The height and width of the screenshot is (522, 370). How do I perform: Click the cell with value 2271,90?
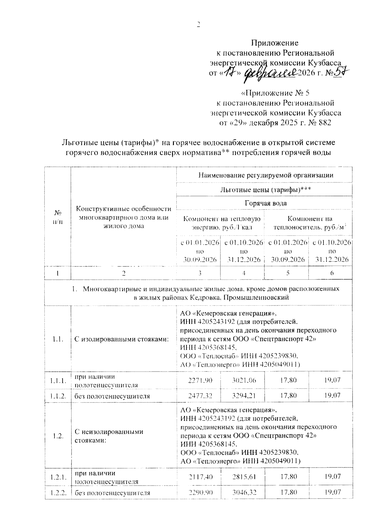pyautogui.click(x=200, y=380)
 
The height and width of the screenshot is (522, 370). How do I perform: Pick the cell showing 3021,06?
pyautogui.click(x=244, y=380)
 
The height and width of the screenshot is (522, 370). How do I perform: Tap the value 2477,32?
pyautogui.click(x=200, y=395)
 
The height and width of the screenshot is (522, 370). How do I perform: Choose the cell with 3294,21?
pyautogui.click(x=244, y=395)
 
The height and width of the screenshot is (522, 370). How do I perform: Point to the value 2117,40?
pyautogui.click(x=200, y=477)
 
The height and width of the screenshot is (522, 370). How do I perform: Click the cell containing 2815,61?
pyautogui.click(x=244, y=477)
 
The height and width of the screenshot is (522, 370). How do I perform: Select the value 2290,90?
pyautogui.click(x=200, y=492)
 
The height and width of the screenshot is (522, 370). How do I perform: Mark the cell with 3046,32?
pyautogui.click(x=244, y=492)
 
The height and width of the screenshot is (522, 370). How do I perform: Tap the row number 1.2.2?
pyautogui.click(x=58, y=492)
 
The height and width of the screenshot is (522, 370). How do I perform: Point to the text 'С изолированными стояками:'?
pyautogui.click(x=121, y=339)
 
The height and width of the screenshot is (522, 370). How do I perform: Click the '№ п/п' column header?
pyautogui.click(x=58, y=217)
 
